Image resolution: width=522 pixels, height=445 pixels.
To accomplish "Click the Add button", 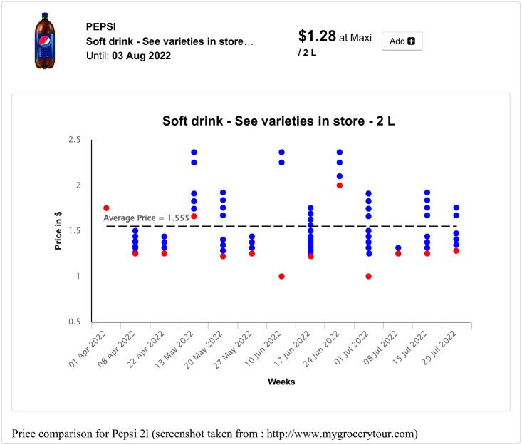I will (x=402, y=41).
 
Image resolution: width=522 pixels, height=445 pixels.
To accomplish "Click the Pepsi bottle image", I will (x=45, y=40).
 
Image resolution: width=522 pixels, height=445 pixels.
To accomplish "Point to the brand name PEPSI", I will (x=102, y=26).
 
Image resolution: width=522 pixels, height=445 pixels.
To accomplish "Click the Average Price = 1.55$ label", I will (x=146, y=218).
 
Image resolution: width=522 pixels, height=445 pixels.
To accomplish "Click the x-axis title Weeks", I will (x=281, y=382).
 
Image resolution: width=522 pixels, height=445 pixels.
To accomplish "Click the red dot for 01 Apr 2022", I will (x=106, y=208).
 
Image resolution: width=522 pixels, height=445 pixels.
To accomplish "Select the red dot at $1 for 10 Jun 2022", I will (x=281, y=276).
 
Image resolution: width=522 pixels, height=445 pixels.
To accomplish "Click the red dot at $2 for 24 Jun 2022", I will (x=340, y=185).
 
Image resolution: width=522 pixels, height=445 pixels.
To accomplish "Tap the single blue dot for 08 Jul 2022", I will (x=398, y=248).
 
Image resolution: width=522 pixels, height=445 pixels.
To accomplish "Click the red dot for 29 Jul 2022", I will (x=456, y=251).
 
